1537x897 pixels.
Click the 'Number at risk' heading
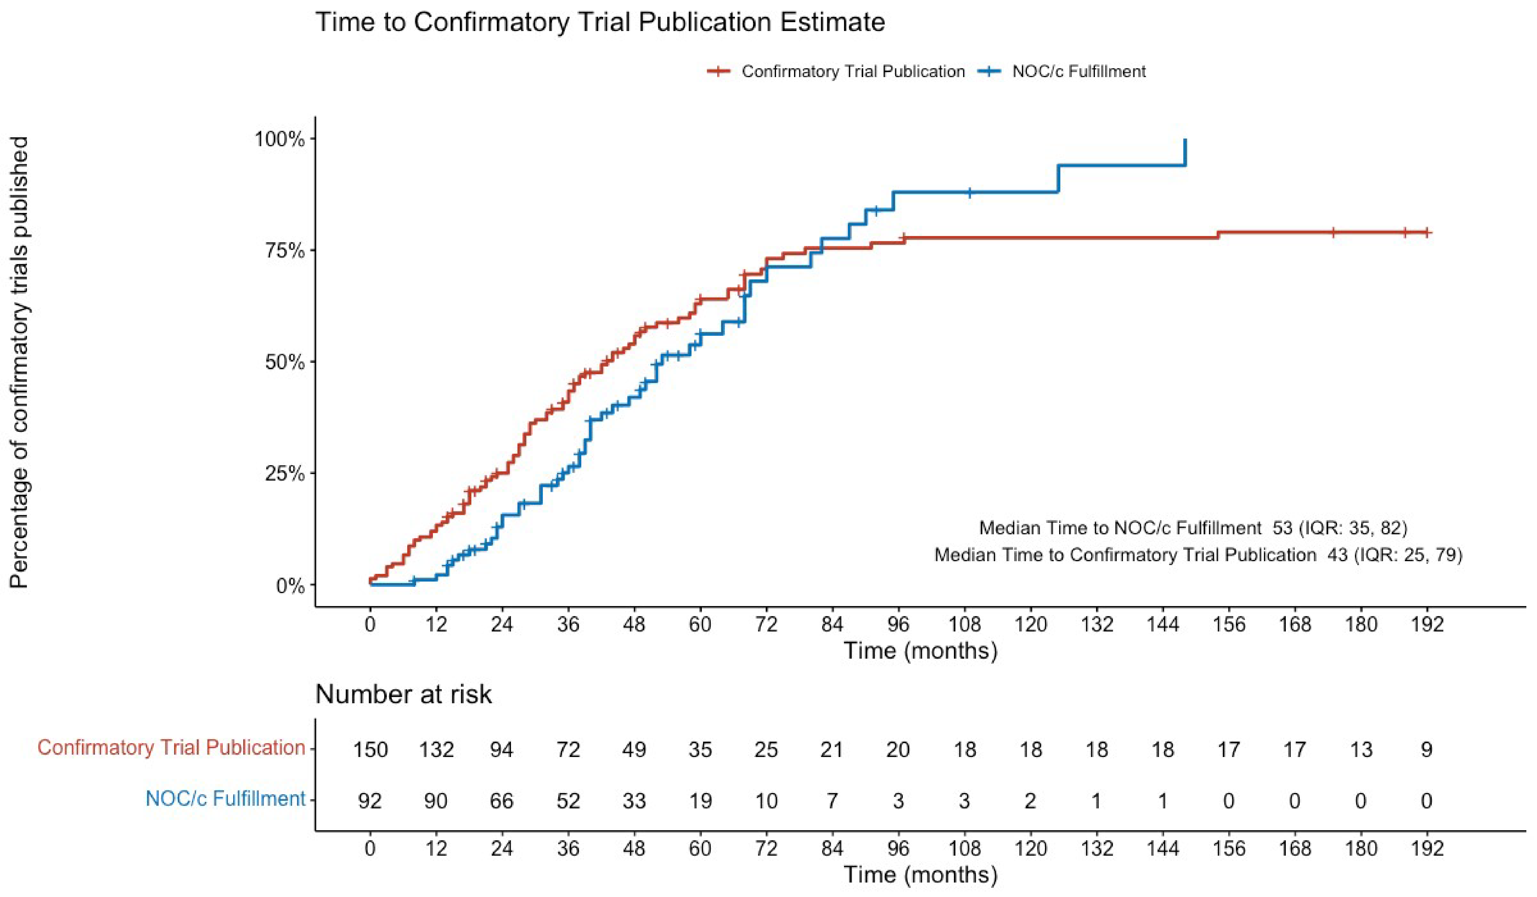(x=403, y=695)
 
